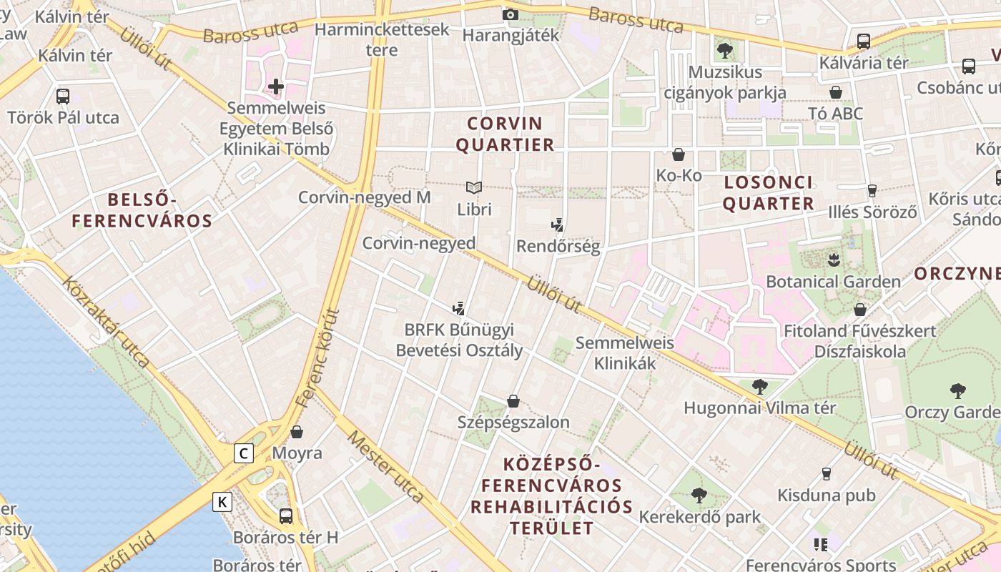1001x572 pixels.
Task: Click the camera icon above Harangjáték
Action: [510, 14]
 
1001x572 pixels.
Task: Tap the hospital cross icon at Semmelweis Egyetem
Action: [276, 87]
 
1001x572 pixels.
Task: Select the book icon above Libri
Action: [474, 188]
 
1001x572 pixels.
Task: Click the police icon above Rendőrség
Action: [558, 226]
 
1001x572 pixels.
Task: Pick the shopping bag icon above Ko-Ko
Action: [679, 154]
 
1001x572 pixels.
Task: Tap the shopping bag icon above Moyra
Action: [297, 432]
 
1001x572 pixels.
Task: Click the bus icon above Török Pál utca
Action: [63, 96]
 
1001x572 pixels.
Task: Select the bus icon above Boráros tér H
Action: [286, 516]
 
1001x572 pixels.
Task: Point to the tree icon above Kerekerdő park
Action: [699, 495]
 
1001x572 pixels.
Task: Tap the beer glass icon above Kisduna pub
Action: [827, 473]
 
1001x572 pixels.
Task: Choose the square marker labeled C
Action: [245, 453]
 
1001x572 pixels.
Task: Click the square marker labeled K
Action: [222, 502]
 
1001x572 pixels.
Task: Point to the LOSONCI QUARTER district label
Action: [768, 193]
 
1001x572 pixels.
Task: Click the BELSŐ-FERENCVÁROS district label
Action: [142, 210]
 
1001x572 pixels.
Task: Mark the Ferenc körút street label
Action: [317, 357]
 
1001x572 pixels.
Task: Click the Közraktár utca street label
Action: [105, 322]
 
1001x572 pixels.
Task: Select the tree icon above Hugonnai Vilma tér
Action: [760, 387]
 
